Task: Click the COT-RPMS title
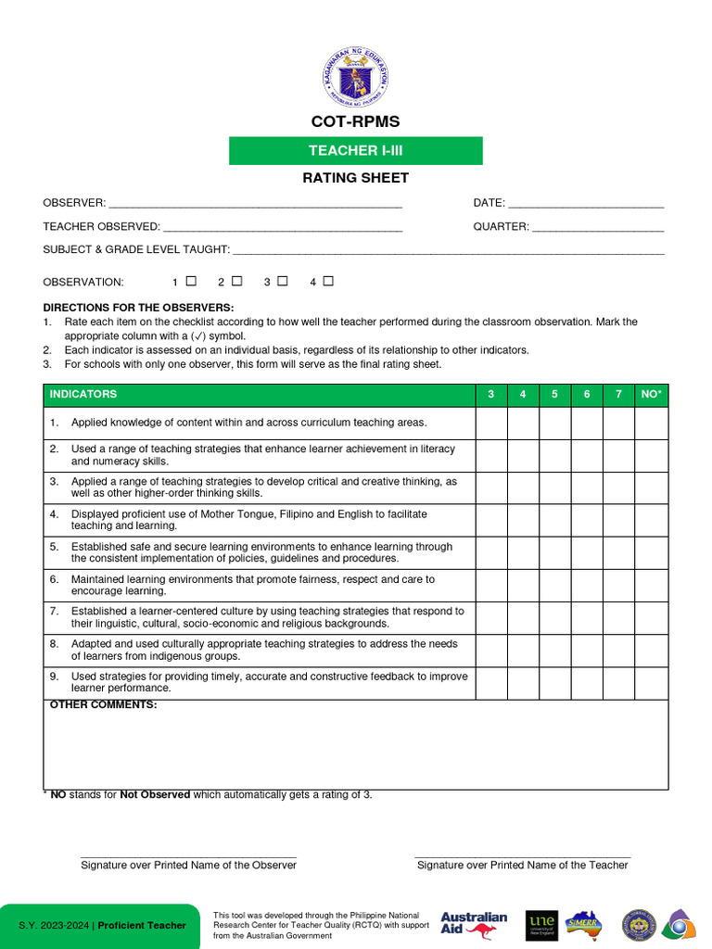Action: (x=356, y=122)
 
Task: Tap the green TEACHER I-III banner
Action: (x=356, y=151)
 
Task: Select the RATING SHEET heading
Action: (x=356, y=178)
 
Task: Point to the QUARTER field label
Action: (x=501, y=226)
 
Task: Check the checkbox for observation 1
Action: (x=191, y=281)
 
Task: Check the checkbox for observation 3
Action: (x=283, y=281)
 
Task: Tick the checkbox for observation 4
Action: (x=328, y=281)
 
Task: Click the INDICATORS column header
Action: (x=83, y=395)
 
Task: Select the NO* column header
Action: (x=652, y=395)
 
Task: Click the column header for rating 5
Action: (x=554, y=395)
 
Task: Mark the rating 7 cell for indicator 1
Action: (x=618, y=424)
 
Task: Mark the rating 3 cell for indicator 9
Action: (x=491, y=683)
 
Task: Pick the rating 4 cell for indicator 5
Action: (x=523, y=553)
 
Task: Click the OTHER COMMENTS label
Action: (x=103, y=705)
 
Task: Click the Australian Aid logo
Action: (x=474, y=924)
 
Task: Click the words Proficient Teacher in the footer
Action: (x=142, y=926)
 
